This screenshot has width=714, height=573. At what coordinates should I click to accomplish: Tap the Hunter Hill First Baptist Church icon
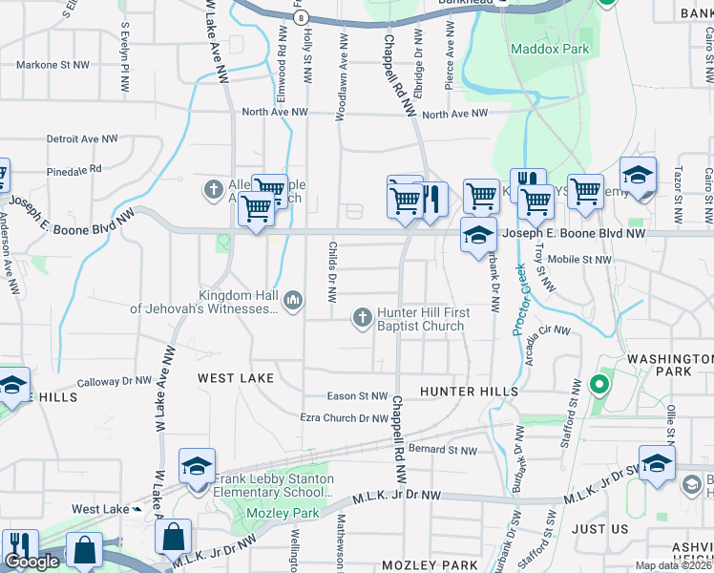363,318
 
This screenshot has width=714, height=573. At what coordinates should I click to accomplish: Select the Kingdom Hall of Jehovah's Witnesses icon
293,302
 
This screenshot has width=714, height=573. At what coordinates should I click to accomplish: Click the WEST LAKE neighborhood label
236,378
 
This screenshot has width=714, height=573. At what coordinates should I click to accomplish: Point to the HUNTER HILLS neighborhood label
469,392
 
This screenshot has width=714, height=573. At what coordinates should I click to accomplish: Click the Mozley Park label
292,513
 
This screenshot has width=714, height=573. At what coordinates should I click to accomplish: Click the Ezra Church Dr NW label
344,418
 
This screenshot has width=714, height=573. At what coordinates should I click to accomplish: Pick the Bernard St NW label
434,449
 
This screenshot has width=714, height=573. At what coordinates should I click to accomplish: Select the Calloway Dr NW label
115,381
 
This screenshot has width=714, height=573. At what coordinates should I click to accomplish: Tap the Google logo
31,562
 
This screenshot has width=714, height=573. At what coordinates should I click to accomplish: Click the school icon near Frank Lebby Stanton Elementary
197,467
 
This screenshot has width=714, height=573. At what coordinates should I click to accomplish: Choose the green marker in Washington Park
598,385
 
